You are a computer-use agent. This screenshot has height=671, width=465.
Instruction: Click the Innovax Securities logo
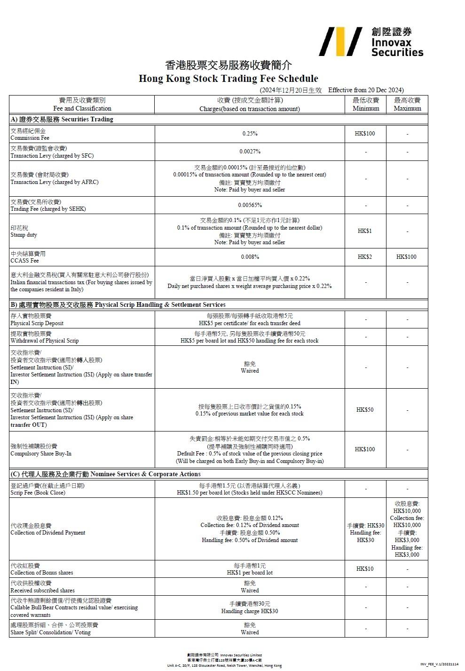(371, 42)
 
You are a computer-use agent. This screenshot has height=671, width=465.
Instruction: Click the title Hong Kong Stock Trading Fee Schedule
(228, 79)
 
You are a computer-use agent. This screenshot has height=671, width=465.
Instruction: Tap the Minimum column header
(366, 104)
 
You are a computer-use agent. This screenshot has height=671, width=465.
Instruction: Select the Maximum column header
(407, 104)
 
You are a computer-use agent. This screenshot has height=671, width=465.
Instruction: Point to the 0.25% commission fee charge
(250, 134)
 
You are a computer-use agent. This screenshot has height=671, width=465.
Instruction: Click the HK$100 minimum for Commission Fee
(365, 134)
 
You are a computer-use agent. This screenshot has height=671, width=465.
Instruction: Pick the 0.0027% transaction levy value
(250, 152)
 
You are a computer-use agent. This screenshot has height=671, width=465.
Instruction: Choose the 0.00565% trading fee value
(250, 205)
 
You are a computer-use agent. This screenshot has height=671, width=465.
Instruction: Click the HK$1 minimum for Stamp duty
(365, 231)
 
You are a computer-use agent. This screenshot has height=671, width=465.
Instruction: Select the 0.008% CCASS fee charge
(250, 257)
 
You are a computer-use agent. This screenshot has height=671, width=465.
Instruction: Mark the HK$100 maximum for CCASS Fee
(406, 257)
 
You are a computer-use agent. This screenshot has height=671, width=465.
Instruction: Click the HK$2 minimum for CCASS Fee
(365, 257)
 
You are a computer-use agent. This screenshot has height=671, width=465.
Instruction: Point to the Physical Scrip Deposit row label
(37, 320)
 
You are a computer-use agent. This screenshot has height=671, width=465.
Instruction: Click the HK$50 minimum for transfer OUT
(365, 410)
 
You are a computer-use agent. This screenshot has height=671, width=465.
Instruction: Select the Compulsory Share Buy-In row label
(41, 450)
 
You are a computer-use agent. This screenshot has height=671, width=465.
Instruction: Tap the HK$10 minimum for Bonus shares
(365, 569)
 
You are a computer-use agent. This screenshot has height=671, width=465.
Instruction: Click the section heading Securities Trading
(62, 120)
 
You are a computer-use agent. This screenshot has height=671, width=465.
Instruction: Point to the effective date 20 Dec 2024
(365, 90)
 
